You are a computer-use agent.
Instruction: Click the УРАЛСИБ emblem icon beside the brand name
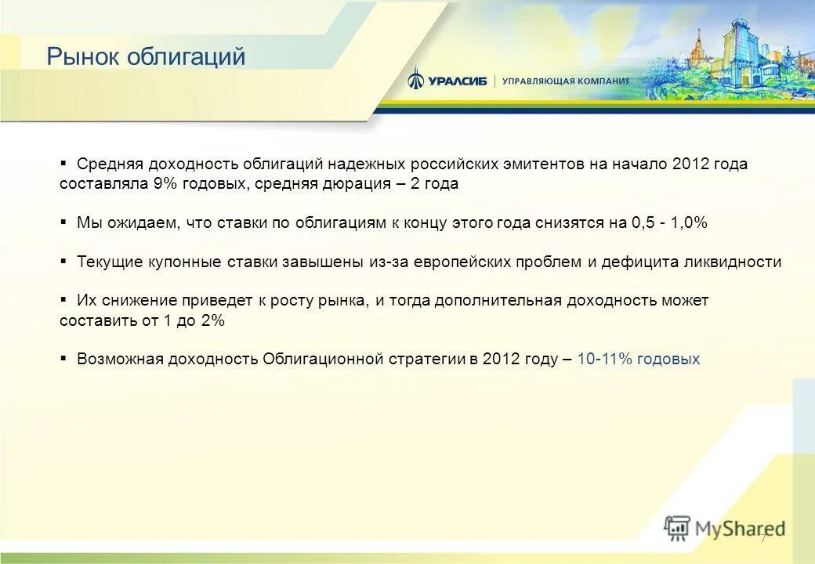click(x=416, y=79)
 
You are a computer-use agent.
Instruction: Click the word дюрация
click(x=354, y=184)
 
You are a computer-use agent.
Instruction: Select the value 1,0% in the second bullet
click(x=689, y=222)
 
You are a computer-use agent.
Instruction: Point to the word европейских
click(x=460, y=262)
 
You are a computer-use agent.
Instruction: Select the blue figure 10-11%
click(x=604, y=359)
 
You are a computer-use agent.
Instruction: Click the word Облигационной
click(x=321, y=359)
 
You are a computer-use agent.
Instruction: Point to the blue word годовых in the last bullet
click(x=668, y=359)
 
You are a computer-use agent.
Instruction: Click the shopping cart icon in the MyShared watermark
click(x=676, y=529)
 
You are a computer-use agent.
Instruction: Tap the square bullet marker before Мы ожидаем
click(x=63, y=222)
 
